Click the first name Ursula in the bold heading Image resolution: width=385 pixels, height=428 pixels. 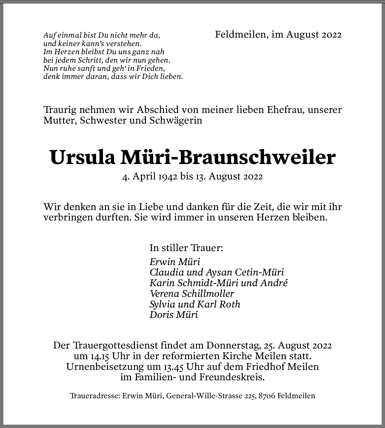point(83,158)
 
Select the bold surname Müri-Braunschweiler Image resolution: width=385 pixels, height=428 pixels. point(228,158)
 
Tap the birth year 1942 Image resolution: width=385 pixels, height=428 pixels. point(168,177)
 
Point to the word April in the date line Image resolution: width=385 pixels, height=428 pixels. point(145,177)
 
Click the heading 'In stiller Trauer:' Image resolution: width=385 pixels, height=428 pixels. point(186,248)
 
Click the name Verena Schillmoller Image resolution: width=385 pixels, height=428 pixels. point(192,294)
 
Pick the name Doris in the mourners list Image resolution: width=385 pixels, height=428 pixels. point(161,315)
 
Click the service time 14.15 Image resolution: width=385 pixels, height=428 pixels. point(100,356)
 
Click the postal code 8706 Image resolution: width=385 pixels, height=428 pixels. point(267,396)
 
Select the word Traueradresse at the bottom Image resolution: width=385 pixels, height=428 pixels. point(95,396)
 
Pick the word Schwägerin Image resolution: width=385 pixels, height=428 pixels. point(176,120)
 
